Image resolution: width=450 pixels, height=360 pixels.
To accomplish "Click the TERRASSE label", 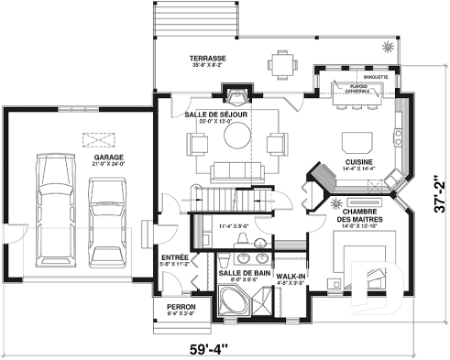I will click(208, 58).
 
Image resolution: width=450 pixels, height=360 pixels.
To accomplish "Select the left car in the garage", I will click(52, 208).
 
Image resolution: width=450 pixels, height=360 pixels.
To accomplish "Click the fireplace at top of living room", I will click(237, 96).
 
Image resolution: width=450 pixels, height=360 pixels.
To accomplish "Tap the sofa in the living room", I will click(236, 170).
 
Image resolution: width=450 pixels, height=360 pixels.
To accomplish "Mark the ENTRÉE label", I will click(174, 257).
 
